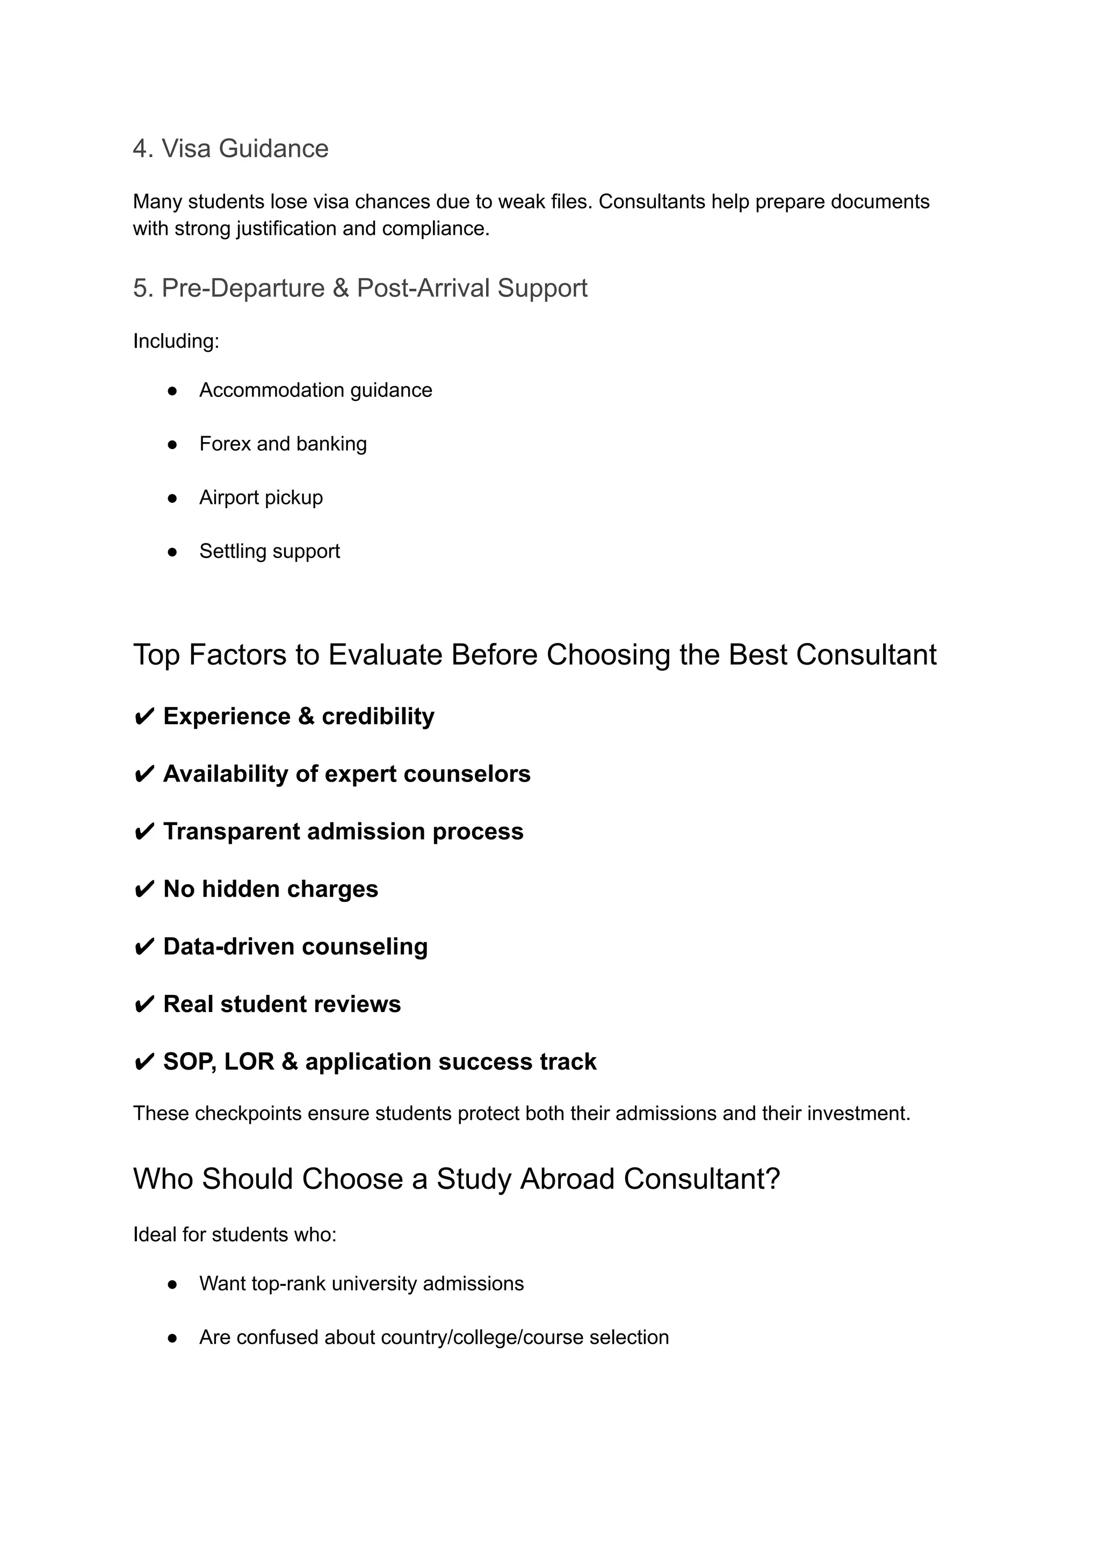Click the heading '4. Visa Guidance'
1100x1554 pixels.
[x=230, y=148]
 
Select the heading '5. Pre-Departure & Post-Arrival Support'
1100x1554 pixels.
[x=360, y=288]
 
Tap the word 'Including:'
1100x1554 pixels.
[x=176, y=341]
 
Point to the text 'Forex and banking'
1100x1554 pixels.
[x=283, y=444]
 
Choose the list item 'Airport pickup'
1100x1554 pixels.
[x=261, y=497]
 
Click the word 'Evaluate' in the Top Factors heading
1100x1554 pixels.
[x=385, y=655]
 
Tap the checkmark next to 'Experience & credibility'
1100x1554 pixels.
[x=144, y=717]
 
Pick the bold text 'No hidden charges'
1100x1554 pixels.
[x=270, y=889]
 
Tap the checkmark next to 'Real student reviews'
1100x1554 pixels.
[x=144, y=1004]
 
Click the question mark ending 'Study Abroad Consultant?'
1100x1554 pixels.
[x=773, y=1179]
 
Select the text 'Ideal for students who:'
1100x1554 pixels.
[x=234, y=1234]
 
